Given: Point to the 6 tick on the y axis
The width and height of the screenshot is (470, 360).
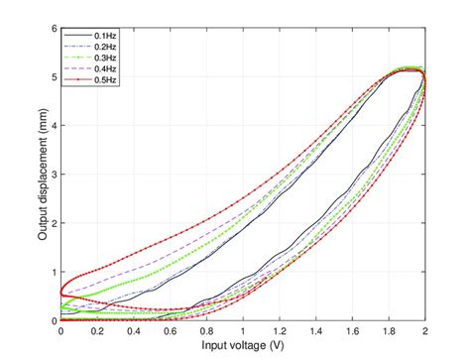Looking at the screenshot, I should click(x=53, y=28).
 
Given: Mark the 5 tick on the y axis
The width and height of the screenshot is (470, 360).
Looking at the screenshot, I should click(x=53, y=76).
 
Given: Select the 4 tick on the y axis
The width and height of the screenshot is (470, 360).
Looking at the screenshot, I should click(x=53, y=125).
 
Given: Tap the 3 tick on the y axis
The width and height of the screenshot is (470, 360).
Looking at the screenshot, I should click(x=53, y=175).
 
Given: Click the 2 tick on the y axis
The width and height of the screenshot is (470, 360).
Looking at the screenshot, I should click(x=53, y=223).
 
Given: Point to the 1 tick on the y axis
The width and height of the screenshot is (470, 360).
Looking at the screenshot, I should click(x=53, y=272).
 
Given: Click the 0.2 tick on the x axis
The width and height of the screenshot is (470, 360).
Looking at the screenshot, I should click(x=97, y=332).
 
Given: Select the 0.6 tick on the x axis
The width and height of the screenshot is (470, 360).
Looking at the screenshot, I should click(x=171, y=332).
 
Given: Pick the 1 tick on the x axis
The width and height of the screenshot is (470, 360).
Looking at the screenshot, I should click(x=244, y=332).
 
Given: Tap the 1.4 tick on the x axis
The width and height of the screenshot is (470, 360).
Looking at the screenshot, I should click(x=316, y=332).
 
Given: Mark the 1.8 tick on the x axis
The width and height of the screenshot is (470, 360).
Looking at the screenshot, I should click(x=390, y=332).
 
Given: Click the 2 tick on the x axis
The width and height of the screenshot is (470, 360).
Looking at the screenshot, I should click(x=425, y=332).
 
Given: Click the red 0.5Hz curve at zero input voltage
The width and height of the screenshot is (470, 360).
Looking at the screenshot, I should click(x=62, y=293).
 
